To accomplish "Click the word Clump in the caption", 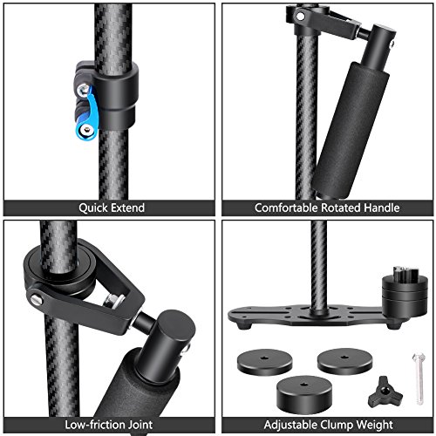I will [336, 423].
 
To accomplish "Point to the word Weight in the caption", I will [376, 423].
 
